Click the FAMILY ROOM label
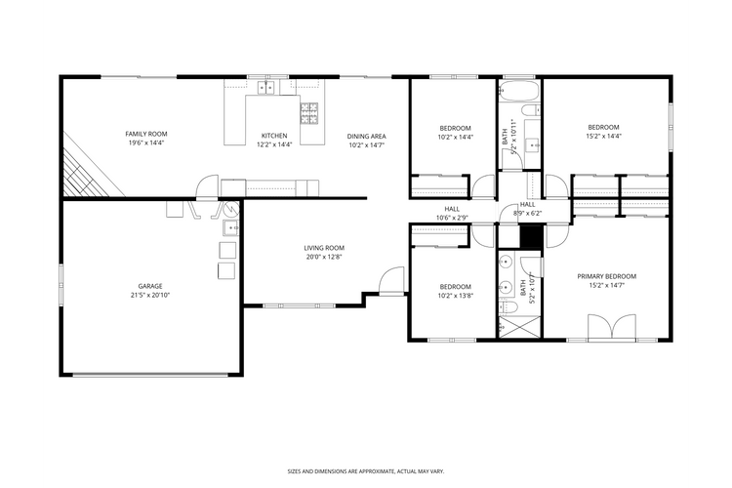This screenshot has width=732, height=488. click(x=146, y=133)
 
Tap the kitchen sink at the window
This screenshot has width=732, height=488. click(x=265, y=87)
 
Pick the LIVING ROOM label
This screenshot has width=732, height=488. click(x=324, y=248)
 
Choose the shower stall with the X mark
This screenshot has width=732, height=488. click(x=511, y=327)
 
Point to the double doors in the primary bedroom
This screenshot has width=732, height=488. click(x=612, y=327)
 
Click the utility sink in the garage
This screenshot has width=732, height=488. click(x=229, y=229)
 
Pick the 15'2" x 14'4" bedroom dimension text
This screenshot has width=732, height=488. click(x=603, y=137)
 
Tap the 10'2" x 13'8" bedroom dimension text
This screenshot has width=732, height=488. click(x=455, y=295)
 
